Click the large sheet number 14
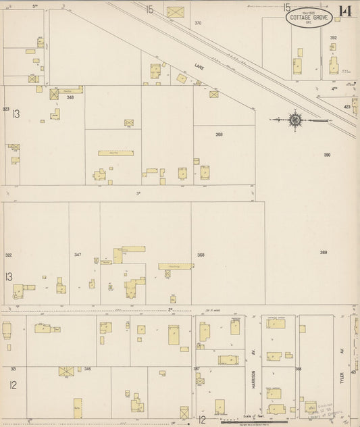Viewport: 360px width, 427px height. coord(345,11)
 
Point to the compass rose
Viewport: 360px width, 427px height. coord(295,120)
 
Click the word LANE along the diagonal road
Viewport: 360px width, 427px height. coord(199,67)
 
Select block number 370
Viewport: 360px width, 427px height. coord(198,23)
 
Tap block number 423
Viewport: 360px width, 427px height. coord(346,107)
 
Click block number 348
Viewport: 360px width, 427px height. coord(70,97)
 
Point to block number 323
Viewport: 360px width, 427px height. coord(6,109)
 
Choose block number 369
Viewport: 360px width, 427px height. coord(219,134)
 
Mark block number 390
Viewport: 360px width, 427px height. coord(327,155)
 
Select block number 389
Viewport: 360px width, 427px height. coord(324,252)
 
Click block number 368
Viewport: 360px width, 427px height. coord(201,255)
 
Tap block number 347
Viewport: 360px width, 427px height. coord(78,255)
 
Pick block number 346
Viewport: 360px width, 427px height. coord(88,369)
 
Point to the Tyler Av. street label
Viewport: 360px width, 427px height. coord(342,356)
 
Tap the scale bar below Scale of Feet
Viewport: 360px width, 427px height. coord(254,421)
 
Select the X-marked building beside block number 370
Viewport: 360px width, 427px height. coord(176,12)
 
